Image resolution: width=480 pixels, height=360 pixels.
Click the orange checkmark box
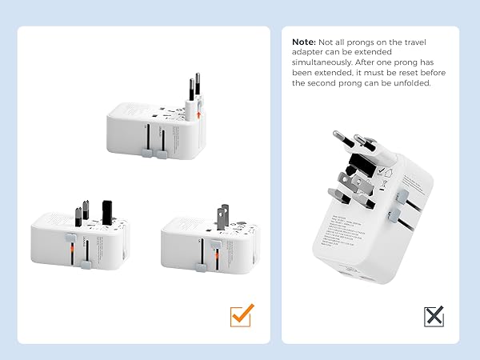[x=241, y=314]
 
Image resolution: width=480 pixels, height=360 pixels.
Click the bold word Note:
[x=305, y=42]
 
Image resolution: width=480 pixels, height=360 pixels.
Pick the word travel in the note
[x=430, y=42]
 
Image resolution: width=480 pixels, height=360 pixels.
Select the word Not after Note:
[x=328, y=42]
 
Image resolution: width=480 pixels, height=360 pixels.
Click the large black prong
[x=106, y=210]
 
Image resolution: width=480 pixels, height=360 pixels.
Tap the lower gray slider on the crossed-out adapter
[x=392, y=214]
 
